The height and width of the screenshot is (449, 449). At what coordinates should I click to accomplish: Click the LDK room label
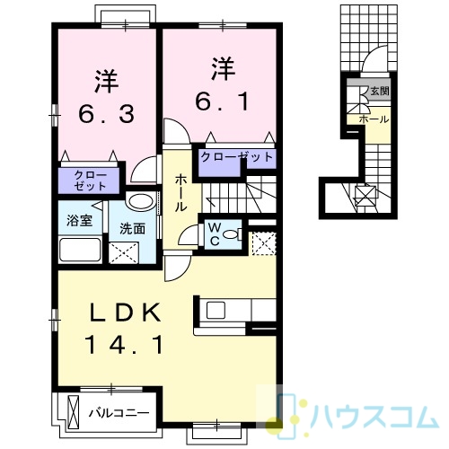point(125,313)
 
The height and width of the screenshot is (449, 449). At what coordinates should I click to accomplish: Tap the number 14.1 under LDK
point(124,345)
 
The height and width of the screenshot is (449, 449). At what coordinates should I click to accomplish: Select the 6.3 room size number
point(106,115)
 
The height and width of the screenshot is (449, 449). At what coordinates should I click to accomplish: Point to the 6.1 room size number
point(222,101)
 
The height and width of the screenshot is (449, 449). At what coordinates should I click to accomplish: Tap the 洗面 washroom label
point(132,229)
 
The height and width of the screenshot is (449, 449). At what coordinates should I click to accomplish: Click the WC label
point(215,234)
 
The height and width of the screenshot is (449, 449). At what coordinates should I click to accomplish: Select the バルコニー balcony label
point(119,413)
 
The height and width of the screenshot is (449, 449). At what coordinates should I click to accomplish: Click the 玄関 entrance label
point(380,91)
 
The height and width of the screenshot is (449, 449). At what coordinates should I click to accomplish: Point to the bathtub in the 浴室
point(80,250)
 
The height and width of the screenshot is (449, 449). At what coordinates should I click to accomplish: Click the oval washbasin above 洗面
point(140,201)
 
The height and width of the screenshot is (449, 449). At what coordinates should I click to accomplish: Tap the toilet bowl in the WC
point(231,234)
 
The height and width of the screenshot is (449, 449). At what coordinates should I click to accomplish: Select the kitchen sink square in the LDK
point(216,310)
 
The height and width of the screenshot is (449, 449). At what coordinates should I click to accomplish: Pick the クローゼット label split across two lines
point(90,180)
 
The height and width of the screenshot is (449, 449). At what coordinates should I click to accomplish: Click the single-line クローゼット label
point(237,157)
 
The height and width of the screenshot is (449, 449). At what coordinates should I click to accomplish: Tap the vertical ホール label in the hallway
point(180,193)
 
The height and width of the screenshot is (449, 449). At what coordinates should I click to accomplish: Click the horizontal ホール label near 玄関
point(374,119)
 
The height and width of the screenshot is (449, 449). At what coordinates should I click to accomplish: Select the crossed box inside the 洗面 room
point(124,253)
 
